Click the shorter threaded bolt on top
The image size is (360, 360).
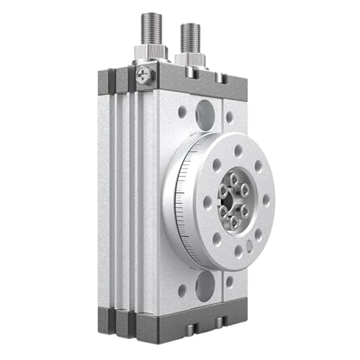(190, 38)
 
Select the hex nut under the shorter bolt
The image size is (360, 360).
(190, 60)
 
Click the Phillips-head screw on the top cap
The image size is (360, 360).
(145, 73)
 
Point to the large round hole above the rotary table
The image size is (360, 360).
(204, 112)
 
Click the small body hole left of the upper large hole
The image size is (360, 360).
(182, 112)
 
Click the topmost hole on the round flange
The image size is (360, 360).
(238, 150)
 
